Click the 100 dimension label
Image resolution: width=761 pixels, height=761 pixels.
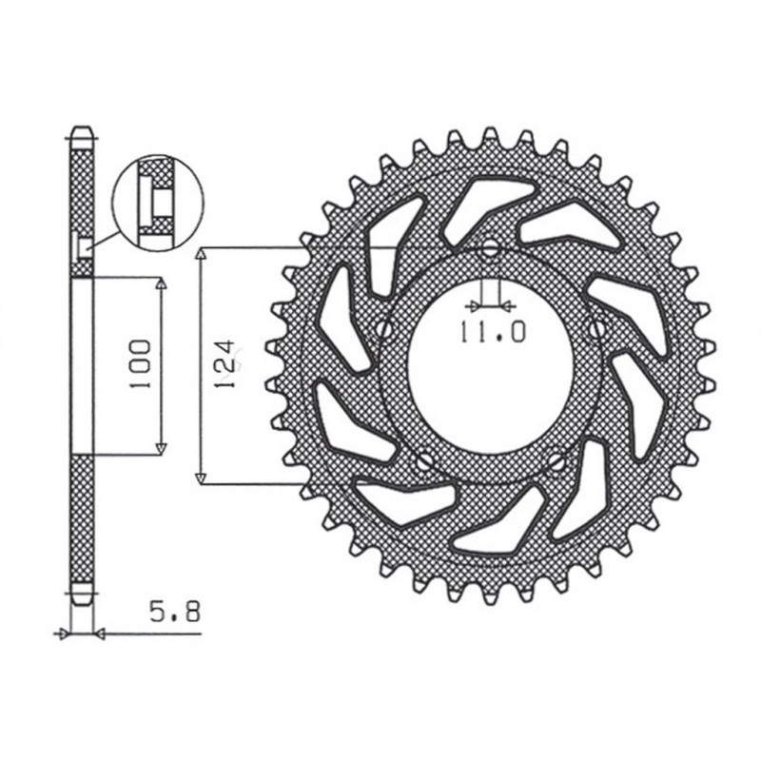point(141,364)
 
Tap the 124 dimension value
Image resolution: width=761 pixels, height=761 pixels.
point(225,365)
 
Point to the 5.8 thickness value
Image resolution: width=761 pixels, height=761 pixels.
point(174,613)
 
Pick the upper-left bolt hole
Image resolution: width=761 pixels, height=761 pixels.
point(385,329)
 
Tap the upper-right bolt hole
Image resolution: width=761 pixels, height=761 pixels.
point(596,329)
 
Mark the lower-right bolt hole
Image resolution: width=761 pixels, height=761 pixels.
point(556,462)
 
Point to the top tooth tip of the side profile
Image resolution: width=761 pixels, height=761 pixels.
point(83,128)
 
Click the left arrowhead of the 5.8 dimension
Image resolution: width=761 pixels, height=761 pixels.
point(65,633)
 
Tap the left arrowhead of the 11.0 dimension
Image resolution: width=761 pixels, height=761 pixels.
point(474,306)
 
